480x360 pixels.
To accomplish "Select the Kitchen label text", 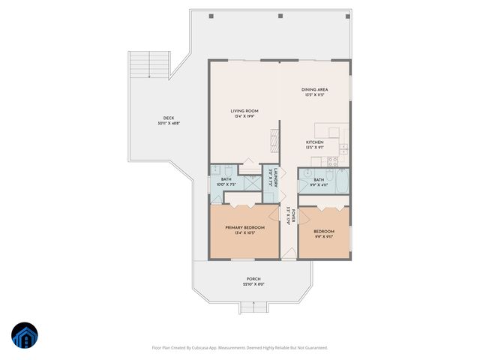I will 315,142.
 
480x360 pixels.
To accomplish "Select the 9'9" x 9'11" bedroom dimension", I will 323,236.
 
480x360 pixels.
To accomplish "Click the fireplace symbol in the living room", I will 274,139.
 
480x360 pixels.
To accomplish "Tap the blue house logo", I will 25,334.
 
